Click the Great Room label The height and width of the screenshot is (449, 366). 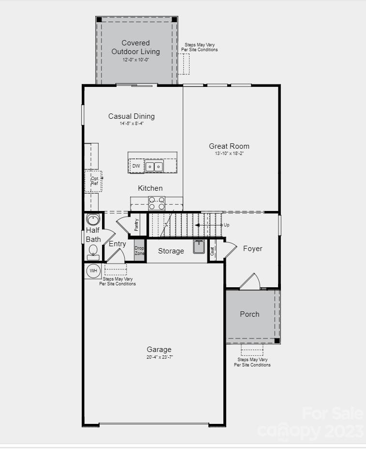(x=229, y=146)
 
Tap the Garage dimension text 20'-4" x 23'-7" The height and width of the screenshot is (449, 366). (x=159, y=357)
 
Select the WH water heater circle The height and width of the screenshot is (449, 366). (x=92, y=271)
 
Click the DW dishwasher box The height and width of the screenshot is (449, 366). (x=136, y=166)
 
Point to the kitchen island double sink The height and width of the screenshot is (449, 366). (x=154, y=167)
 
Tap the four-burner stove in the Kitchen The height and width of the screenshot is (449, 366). (x=156, y=203)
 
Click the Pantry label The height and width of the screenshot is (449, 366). (x=137, y=224)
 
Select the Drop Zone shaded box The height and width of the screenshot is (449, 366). (x=139, y=251)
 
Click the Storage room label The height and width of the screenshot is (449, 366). (x=171, y=251)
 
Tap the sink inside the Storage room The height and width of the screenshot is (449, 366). (x=199, y=246)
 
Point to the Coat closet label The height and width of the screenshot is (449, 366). (x=212, y=251)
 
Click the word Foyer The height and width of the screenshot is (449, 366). (x=252, y=249)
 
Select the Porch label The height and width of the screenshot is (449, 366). (x=249, y=314)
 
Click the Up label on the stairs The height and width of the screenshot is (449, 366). (x=226, y=225)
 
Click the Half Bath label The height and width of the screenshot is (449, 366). (x=93, y=235)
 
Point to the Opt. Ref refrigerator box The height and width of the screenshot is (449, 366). (x=94, y=181)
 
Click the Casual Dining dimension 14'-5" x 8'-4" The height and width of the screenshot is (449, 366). (x=132, y=124)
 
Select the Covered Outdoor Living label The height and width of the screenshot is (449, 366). (x=136, y=47)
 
